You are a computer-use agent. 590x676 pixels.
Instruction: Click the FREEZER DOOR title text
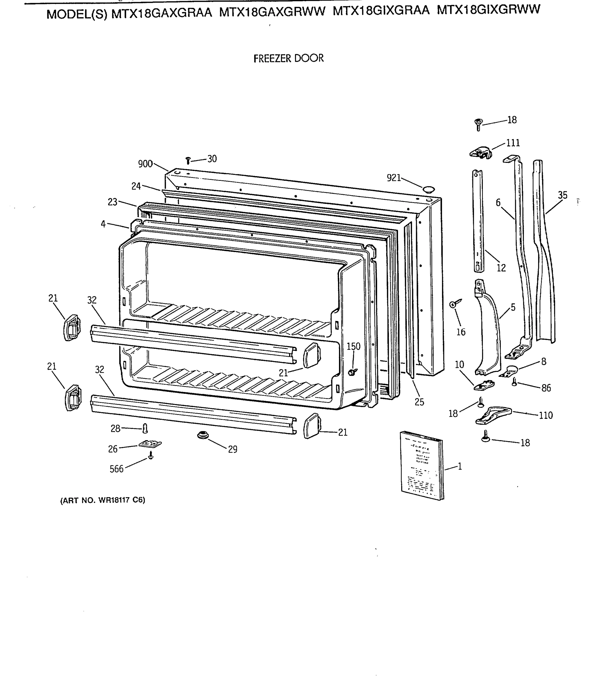point(288,59)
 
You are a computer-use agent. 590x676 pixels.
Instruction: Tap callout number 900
point(145,164)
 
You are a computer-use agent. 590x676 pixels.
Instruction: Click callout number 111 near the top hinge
point(513,143)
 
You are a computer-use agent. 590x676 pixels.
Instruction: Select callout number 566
point(116,469)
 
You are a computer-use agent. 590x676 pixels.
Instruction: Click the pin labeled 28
point(145,428)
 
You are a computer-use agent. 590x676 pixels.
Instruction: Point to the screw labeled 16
point(454,304)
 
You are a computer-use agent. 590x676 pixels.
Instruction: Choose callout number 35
point(563,195)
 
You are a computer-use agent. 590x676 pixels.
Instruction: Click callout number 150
point(353,346)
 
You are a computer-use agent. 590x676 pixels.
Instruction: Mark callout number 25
point(419,402)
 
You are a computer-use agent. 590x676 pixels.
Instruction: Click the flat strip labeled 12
point(478,220)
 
